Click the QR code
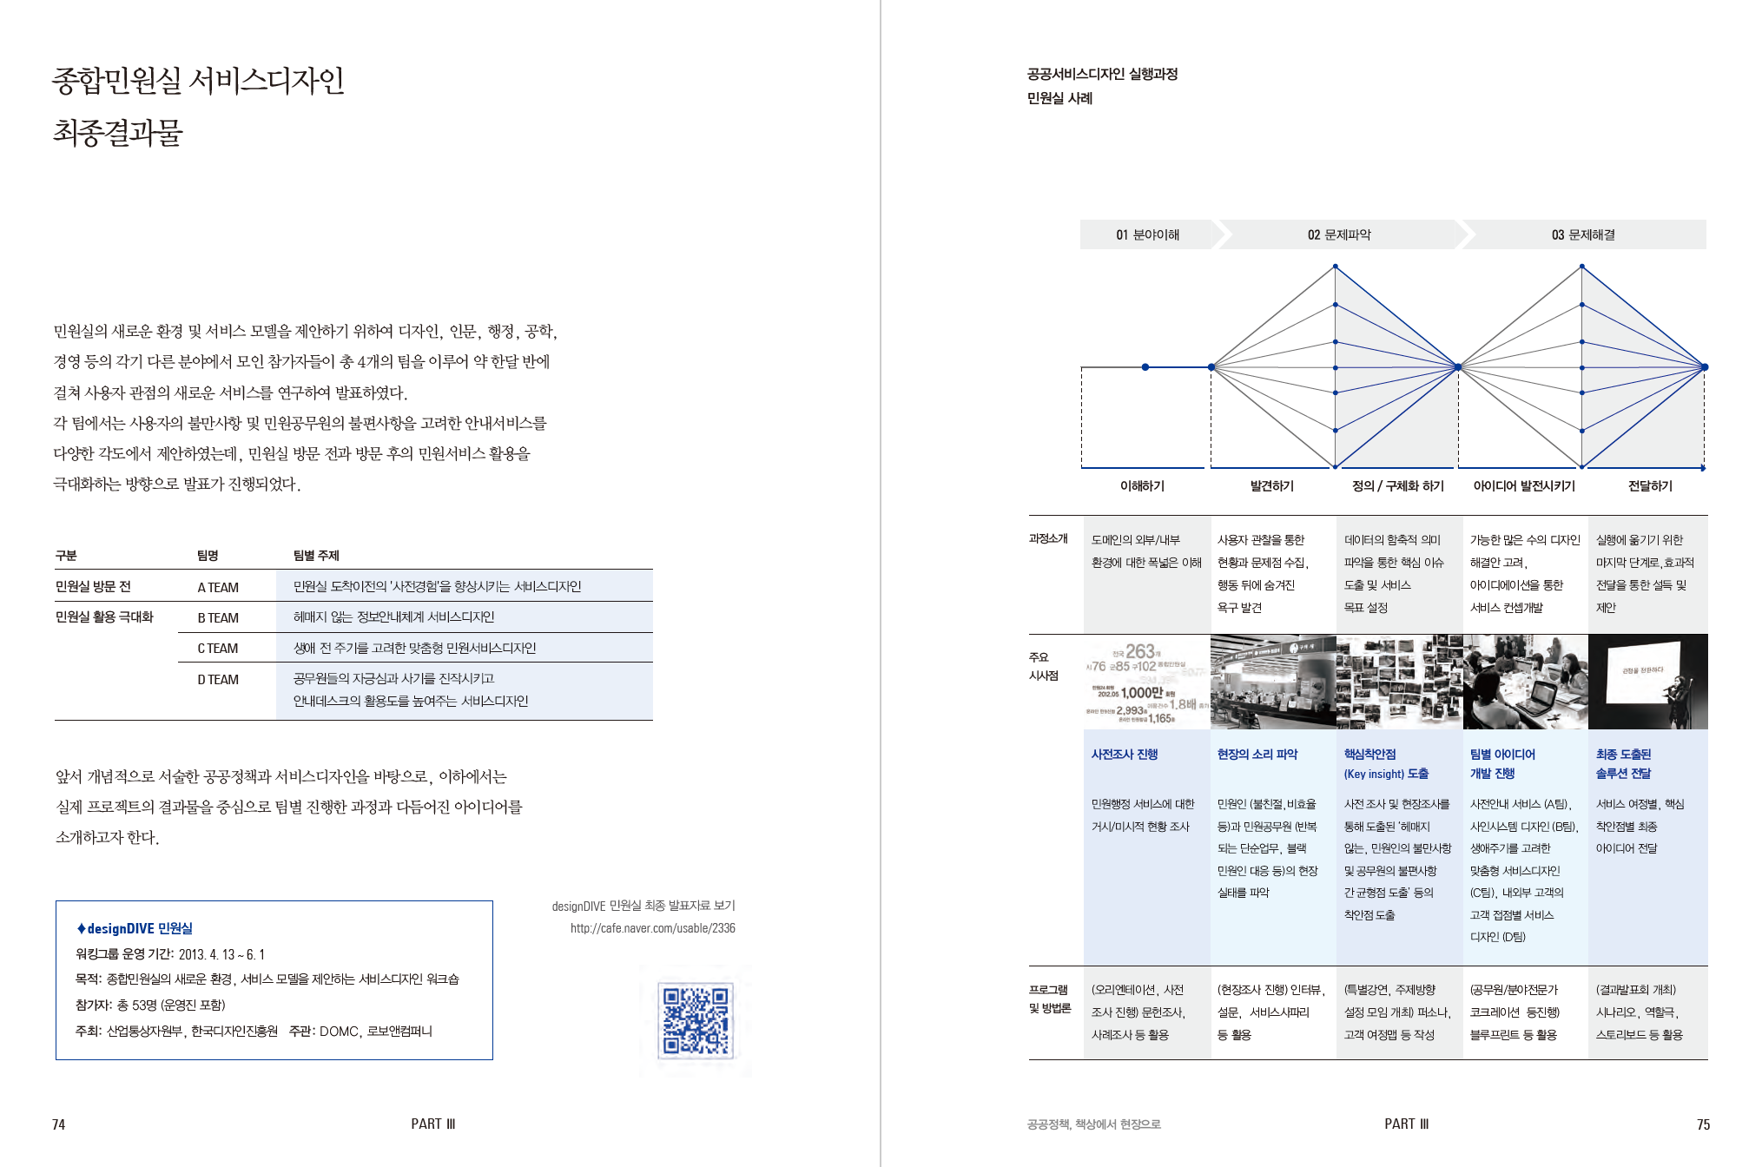[x=696, y=1019]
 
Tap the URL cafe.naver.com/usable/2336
[x=652, y=928]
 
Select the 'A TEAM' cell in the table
[x=218, y=587]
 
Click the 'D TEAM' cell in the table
[x=218, y=679]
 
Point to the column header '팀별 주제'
[x=316, y=556]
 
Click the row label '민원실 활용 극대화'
[x=104, y=616]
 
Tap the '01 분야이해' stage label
[x=1147, y=234]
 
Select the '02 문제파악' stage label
[x=1339, y=234]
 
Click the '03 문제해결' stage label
[x=1583, y=234]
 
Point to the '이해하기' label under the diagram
[x=1142, y=486]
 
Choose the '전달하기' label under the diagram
[x=1650, y=486]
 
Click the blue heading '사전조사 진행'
[x=1125, y=755]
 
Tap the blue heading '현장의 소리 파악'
[x=1257, y=755]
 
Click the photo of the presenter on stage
[x=1647, y=682]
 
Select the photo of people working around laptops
[x=1525, y=682]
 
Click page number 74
[x=58, y=1124]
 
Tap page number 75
[x=1703, y=1124]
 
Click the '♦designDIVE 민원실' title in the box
[x=135, y=928]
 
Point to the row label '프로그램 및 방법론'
[x=1050, y=999]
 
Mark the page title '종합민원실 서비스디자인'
[x=198, y=80]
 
